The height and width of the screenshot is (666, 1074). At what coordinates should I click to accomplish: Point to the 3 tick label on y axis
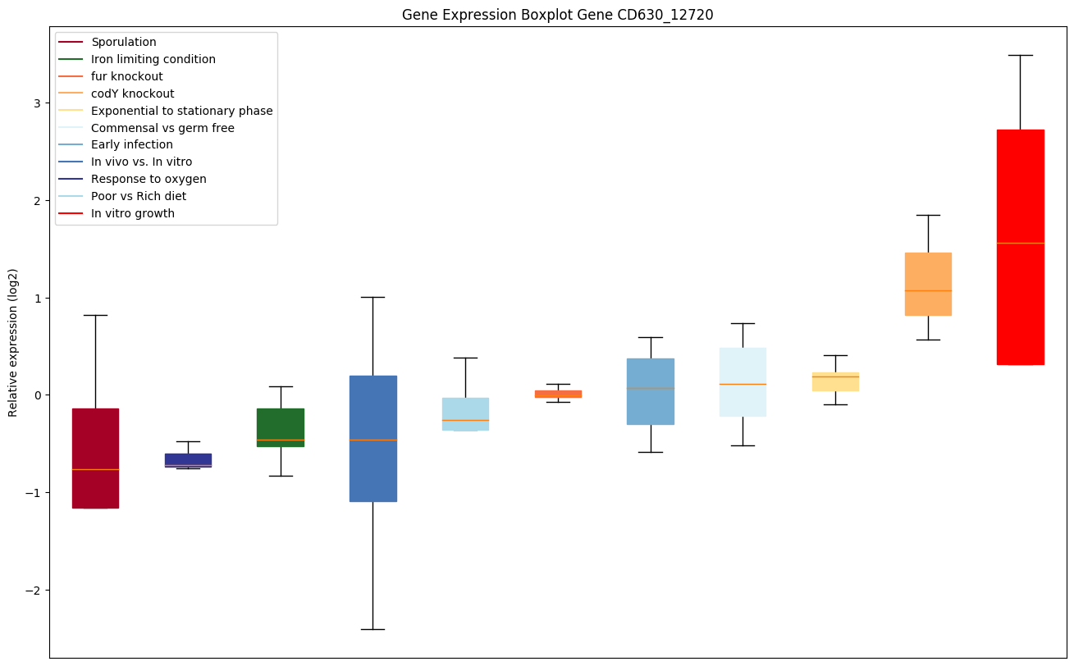[36, 103]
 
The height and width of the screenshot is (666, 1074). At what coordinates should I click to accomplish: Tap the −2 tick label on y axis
[33, 591]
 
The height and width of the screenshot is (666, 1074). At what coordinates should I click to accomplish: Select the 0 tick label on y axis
[36, 395]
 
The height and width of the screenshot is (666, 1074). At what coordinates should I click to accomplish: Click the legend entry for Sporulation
[124, 42]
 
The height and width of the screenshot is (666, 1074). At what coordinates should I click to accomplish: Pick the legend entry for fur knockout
[127, 76]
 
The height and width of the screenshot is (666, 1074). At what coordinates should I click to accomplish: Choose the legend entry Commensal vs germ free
[162, 128]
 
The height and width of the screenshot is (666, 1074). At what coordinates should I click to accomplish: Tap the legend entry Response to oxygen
[149, 179]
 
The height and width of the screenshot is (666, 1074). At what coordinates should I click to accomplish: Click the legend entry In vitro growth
[133, 213]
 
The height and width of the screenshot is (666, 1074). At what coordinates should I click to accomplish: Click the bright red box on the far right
[1020, 246]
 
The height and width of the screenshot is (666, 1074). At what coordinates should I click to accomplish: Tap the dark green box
[281, 427]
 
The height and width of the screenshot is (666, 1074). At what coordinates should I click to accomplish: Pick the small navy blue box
[188, 459]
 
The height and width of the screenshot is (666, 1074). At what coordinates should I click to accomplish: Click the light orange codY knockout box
[928, 284]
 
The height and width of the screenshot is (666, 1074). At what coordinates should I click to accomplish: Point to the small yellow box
[835, 381]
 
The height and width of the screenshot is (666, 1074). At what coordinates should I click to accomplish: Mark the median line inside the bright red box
[1020, 243]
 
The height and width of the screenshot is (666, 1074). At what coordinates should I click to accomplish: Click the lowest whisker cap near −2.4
[372, 629]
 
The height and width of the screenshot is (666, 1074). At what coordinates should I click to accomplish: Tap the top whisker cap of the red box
[1020, 55]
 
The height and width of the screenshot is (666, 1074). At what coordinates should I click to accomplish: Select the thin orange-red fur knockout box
[558, 394]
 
